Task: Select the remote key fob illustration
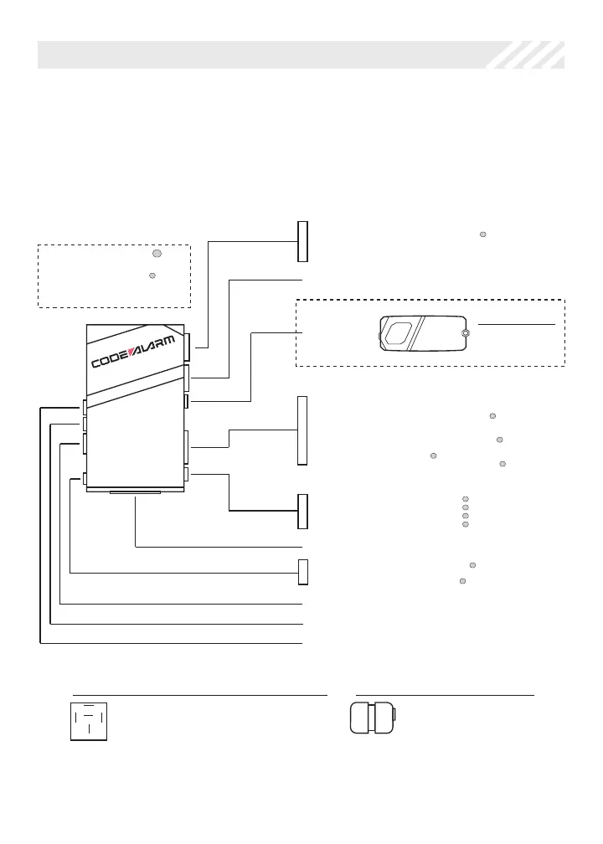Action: [x=422, y=334]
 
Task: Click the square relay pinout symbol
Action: [x=89, y=721]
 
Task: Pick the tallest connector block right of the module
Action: [x=303, y=430]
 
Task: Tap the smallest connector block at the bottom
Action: [x=303, y=571]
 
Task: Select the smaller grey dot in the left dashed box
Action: [x=152, y=275]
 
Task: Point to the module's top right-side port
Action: [x=188, y=342]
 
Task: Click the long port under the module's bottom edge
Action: [x=135, y=493]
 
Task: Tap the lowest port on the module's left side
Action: [x=85, y=479]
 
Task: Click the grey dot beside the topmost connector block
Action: [x=483, y=235]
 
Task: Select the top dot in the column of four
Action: [x=465, y=500]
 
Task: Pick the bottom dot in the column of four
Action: [x=465, y=525]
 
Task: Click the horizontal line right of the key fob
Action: [x=516, y=323]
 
